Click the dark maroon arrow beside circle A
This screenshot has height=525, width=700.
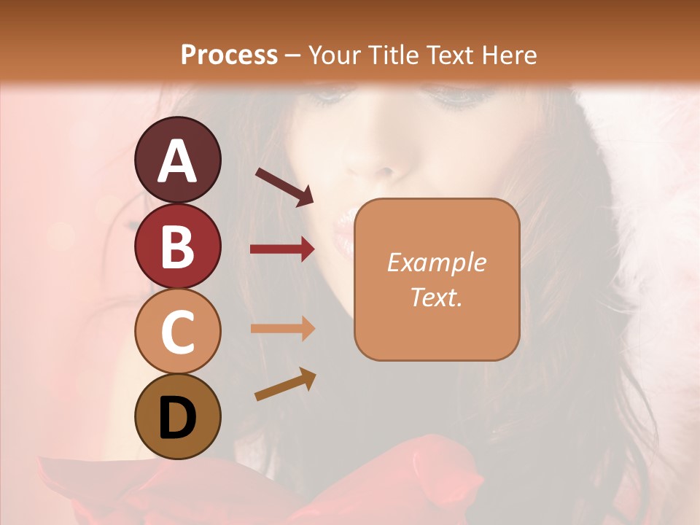[284, 186]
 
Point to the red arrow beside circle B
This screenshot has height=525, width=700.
[282, 249]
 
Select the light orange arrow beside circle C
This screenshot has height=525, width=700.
[282, 329]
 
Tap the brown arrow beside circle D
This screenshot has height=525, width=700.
[285, 384]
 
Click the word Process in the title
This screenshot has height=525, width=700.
[229, 55]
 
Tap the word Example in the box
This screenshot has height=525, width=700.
[436, 262]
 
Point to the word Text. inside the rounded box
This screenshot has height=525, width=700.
[436, 297]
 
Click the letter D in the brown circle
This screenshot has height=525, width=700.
[177, 418]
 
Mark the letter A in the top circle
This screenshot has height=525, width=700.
[177, 160]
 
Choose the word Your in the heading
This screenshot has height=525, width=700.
[335, 55]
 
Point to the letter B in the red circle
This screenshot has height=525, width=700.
[177, 246]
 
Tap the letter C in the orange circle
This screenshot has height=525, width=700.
[177, 332]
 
